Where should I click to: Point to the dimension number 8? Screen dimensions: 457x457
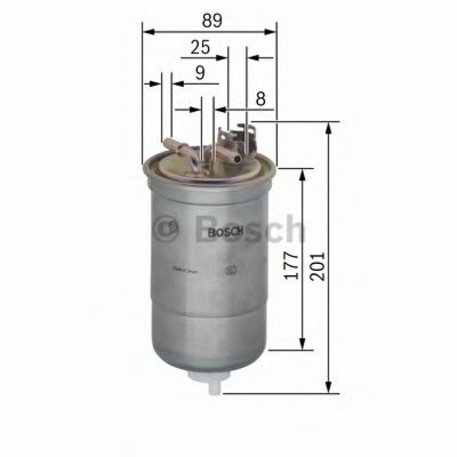click(x=261, y=99)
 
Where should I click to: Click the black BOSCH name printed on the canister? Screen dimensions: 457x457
click(x=225, y=232)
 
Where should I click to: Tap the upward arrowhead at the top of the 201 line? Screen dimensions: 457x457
click(x=328, y=128)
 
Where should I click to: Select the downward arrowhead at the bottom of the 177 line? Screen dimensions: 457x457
click(x=302, y=344)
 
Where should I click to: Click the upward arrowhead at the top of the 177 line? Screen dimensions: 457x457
click(x=302, y=175)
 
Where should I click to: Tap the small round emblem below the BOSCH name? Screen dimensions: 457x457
click(x=230, y=270)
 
